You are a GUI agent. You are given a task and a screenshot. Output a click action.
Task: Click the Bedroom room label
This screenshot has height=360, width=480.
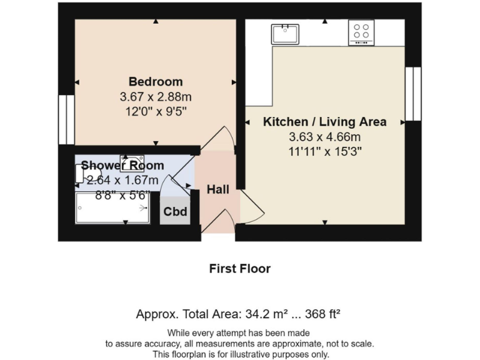pos(156,81)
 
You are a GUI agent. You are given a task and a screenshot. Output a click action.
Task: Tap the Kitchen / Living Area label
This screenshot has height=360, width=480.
pos(324,122)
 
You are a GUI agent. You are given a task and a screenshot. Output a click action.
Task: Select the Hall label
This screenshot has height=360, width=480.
pos(218,189)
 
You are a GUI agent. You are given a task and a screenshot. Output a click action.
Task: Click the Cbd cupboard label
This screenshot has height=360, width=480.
pos(175,212)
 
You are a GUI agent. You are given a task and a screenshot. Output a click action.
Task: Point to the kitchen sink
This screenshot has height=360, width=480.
pos(286,33)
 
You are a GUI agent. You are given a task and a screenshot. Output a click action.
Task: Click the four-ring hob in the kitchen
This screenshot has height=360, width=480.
pos(361,32)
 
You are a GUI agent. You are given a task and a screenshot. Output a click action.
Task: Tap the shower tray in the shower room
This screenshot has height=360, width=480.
pos(112,207)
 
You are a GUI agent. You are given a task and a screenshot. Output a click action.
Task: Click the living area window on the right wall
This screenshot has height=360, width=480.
pos(413,94)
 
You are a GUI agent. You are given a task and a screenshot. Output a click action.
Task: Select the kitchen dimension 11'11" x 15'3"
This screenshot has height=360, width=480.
pos(324,151)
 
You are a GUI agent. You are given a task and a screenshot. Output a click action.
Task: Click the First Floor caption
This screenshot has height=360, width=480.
pos(239,269)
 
